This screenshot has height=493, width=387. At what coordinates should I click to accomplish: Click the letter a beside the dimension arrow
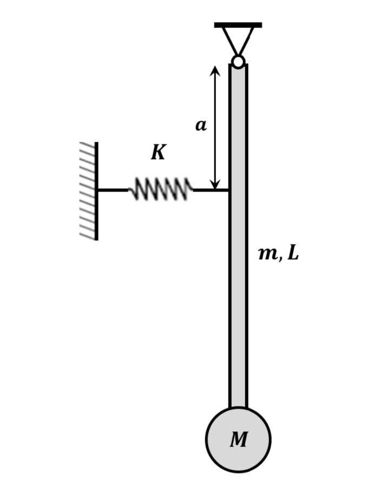coord(201,126)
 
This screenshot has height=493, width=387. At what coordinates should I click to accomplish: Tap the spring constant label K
coord(158,153)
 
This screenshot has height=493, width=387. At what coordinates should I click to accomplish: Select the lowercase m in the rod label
coord(268,253)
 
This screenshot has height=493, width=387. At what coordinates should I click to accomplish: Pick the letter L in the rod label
coord(293,253)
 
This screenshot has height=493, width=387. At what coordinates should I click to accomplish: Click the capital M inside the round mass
coord(238,440)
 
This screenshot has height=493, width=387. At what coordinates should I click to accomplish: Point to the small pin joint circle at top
coord(238,62)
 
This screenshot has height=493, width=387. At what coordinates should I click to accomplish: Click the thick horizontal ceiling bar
coord(238,25)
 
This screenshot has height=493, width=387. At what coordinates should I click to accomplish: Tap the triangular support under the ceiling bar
coord(238,39)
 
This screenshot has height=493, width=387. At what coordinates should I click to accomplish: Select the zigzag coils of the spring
coord(161,189)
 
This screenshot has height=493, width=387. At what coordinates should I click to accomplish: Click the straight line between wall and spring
coord(113,190)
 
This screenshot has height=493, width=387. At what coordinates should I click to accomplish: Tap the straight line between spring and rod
coord(211,190)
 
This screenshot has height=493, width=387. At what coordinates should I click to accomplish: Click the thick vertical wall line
coord(96,190)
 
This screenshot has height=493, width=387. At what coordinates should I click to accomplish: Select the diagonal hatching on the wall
coord(88,190)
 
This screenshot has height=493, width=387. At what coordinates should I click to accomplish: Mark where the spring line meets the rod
coord(229,190)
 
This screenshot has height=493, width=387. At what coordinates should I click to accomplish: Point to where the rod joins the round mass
coord(238,408)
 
